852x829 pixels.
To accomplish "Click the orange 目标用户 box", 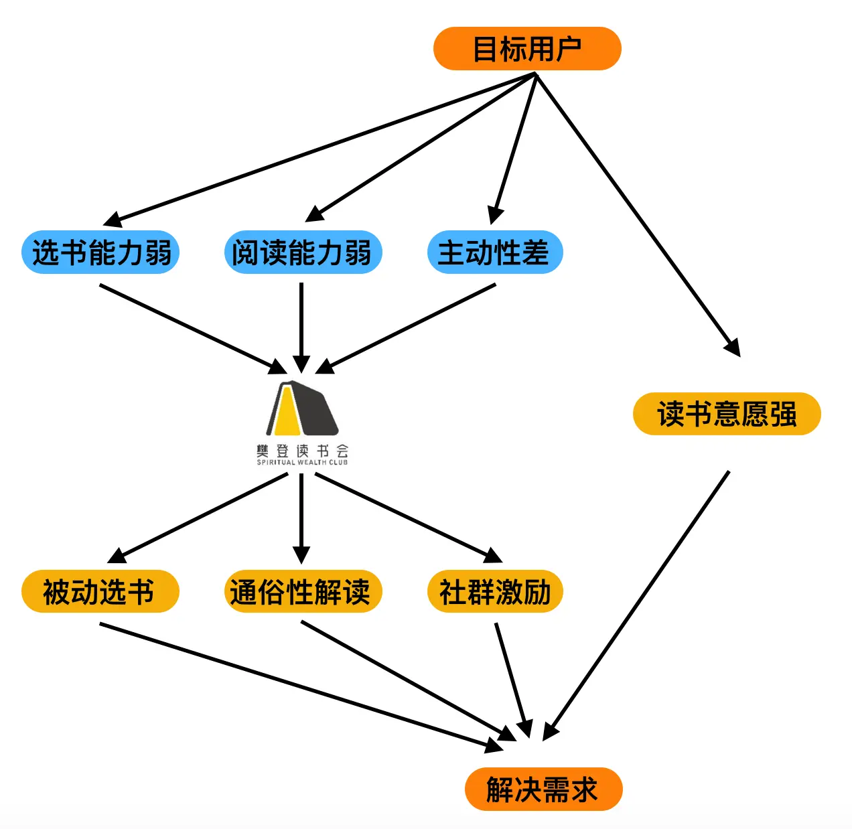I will pos(527,49).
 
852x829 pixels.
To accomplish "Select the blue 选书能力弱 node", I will pos(100,252).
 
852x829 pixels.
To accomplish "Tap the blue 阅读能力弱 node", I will pos(302,252).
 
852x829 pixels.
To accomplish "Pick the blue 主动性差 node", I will pos(494,252).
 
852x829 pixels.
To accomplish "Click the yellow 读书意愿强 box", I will pos(727,414).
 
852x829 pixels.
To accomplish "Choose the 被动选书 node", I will pos(100,591).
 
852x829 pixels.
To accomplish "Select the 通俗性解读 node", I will pos(302,591).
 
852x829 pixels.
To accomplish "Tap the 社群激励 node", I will pos(495,591).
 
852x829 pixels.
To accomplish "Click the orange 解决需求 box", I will pos(543,789).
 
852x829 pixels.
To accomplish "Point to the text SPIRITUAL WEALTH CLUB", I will pos(302,462).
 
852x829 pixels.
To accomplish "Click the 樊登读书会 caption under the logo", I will pos(302,451).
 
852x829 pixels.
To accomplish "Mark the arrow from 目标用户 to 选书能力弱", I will pos(322,149).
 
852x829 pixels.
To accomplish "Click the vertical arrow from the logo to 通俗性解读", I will pos(301,516).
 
